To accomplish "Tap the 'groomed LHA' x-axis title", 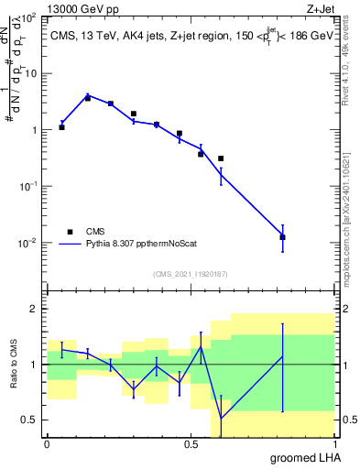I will click(302, 457).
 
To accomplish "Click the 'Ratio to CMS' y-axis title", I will click(14, 364).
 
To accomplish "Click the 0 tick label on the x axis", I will click(47, 443).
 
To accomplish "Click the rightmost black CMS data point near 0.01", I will click(282, 237).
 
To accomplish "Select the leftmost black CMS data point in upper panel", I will click(61, 127).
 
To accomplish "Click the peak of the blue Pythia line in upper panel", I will click(88, 95).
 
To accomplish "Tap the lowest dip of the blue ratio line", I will click(221, 419).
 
